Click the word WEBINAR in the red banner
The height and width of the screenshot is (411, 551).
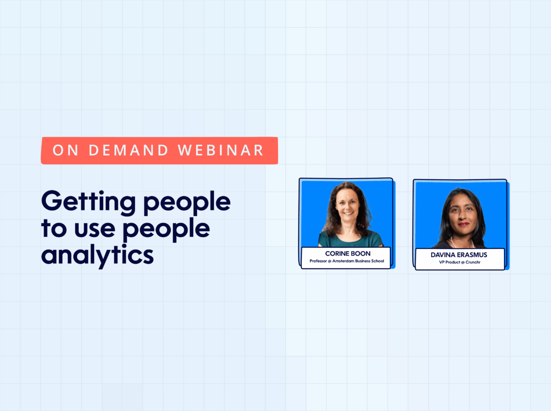pyautogui.click(x=220, y=151)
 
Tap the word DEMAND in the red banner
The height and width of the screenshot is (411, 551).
pyautogui.click(x=129, y=151)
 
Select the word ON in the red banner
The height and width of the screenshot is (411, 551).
pyautogui.click(x=66, y=151)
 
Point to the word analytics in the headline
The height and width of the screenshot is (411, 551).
pyautogui.click(x=98, y=255)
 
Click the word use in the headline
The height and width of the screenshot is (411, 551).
pyautogui.click(x=95, y=230)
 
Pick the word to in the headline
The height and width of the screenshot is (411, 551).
pyautogui.click(x=54, y=228)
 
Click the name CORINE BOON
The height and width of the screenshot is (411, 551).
pyautogui.click(x=348, y=253)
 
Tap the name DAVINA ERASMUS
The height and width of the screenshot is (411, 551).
pyautogui.click(x=459, y=255)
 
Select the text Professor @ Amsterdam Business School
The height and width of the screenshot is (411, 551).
pyautogui.click(x=347, y=261)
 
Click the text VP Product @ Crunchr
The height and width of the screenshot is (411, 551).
pyautogui.click(x=460, y=262)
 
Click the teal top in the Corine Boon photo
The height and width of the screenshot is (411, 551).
pyautogui.click(x=350, y=240)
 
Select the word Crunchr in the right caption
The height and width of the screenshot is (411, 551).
pyautogui.click(x=473, y=262)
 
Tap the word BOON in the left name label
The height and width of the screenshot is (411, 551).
pyautogui.click(x=361, y=253)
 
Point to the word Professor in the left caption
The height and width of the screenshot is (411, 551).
pyautogui.click(x=318, y=261)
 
